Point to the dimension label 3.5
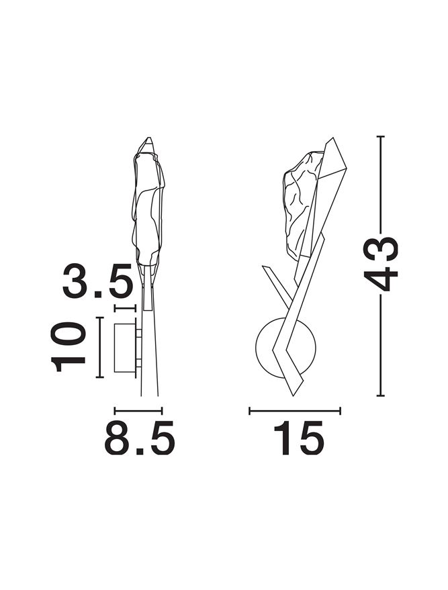click(x=98, y=281)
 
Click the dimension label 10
click(x=68, y=346)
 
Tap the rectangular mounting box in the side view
click(x=125, y=348)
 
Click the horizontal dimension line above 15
click(x=295, y=411)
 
